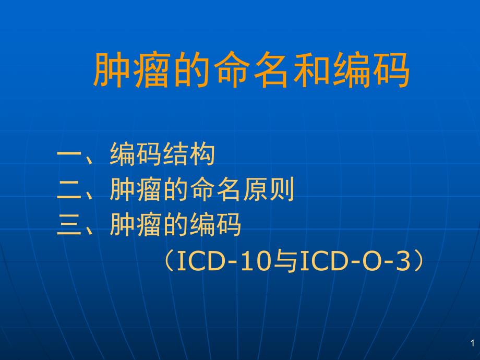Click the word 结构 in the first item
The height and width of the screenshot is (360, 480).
(189, 155)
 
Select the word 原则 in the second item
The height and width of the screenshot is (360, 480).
(268, 190)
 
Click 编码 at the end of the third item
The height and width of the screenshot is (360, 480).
(215, 226)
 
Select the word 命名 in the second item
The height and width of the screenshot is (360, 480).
(215, 190)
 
